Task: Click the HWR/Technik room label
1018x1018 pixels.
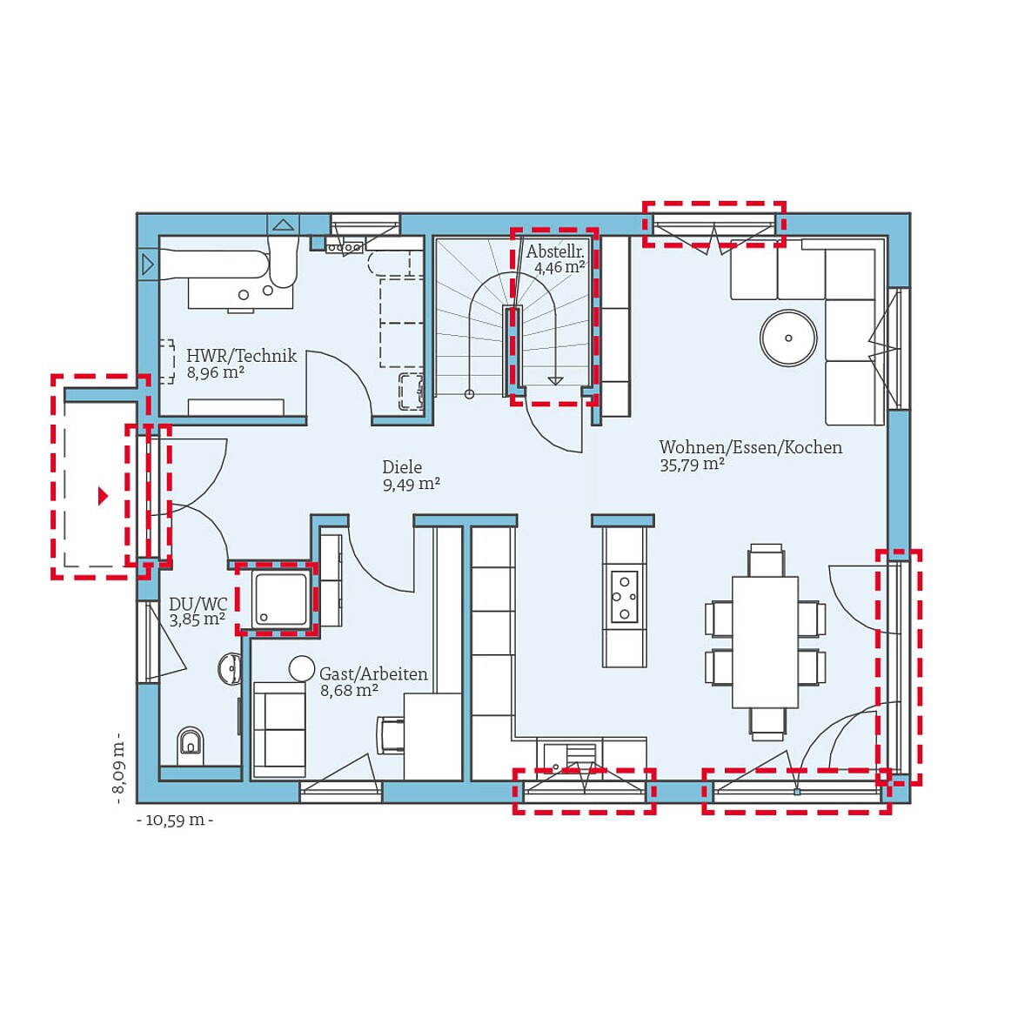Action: point(241,356)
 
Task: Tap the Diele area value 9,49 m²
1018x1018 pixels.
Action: point(411,485)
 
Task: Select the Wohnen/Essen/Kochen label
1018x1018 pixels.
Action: point(750,447)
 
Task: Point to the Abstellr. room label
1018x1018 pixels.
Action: point(554,252)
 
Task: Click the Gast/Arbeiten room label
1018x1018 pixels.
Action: point(373,673)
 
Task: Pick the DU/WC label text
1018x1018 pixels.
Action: point(198,604)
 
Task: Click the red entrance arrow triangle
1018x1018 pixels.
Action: point(103,496)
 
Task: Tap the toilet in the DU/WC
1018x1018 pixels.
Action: point(191,743)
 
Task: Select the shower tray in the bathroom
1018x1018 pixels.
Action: point(280,599)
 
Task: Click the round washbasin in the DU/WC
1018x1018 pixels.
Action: point(230,669)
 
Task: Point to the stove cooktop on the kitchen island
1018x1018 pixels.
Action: point(624,596)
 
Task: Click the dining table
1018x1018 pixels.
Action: point(765,642)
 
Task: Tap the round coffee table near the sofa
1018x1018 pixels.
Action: point(788,338)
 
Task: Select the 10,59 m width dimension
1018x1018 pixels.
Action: point(175,820)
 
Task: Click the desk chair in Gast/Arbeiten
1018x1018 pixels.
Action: point(391,733)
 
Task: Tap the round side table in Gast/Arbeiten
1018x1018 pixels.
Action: point(302,668)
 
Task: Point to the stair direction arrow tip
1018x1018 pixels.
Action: point(555,381)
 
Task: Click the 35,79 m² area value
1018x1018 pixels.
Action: point(692,465)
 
